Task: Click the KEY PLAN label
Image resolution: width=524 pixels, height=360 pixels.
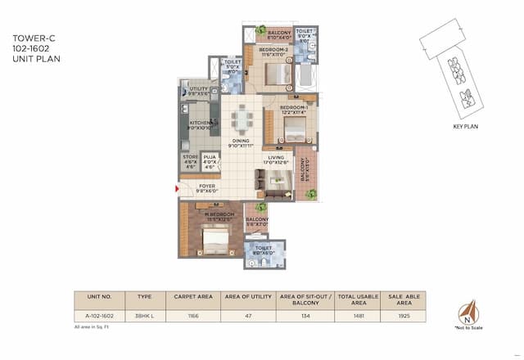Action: click(x=464, y=128)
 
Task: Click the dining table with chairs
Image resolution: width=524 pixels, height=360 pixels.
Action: click(x=240, y=119)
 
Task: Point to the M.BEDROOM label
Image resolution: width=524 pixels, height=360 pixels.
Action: click(x=207, y=216)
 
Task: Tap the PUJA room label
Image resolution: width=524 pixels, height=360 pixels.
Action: click(x=210, y=159)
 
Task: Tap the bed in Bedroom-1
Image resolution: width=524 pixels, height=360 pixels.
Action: click(x=291, y=128)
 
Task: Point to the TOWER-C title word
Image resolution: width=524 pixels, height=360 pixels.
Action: click(x=29, y=38)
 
